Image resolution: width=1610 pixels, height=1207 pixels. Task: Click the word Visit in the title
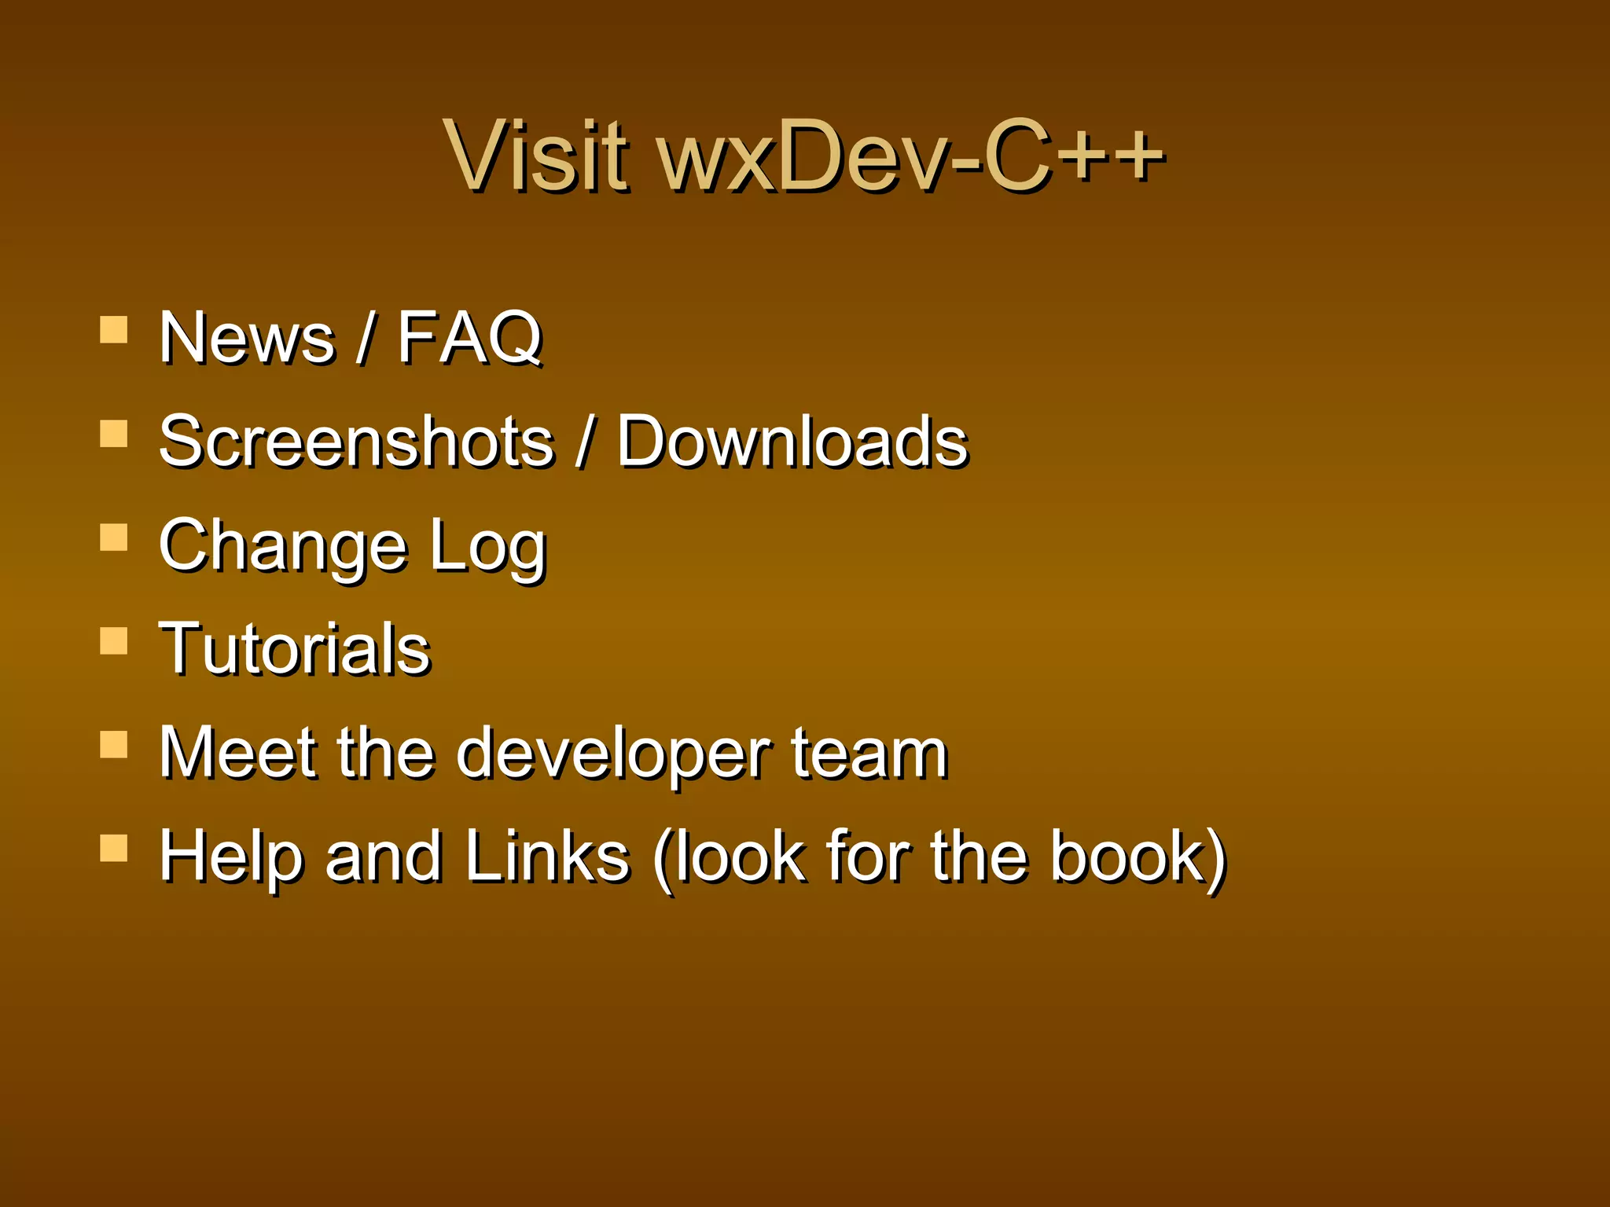(x=536, y=155)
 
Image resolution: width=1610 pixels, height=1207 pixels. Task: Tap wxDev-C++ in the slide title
(x=910, y=155)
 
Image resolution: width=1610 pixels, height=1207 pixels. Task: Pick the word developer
(x=614, y=754)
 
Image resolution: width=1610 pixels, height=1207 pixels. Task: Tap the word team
(x=869, y=753)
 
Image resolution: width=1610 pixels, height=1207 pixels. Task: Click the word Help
(x=231, y=857)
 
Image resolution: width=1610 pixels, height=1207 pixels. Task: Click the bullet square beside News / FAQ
(x=114, y=330)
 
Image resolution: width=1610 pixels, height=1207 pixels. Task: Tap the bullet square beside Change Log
(x=114, y=537)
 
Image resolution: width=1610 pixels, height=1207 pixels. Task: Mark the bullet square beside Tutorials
(x=114, y=641)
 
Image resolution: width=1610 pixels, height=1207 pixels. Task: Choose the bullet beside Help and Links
(x=114, y=849)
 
